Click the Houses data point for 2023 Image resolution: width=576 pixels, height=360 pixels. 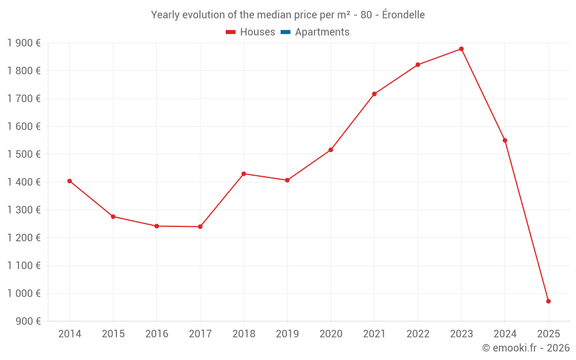tap(461, 49)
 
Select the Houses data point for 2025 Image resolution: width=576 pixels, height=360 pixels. tap(548, 301)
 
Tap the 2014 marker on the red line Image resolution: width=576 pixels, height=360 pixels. tap(70, 181)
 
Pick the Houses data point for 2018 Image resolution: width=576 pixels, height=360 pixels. tap(244, 173)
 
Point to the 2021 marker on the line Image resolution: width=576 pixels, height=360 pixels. tap(374, 94)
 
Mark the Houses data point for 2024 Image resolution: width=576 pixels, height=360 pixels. tap(505, 141)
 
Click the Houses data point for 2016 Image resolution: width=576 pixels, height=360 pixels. tap(157, 226)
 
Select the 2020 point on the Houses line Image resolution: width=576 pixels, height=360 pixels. tap(331, 150)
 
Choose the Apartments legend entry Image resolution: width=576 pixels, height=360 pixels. tap(321, 32)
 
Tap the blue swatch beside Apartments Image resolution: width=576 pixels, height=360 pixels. tap(285, 32)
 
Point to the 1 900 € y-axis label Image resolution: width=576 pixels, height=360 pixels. tap(24, 43)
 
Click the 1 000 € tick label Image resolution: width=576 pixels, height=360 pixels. tap(24, 293)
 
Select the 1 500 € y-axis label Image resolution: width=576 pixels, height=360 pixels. tap(24, 154)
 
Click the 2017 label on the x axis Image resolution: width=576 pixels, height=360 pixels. tap(200, 334)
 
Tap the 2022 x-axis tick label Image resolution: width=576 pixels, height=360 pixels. tap(418, 334)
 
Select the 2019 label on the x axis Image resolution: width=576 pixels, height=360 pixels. tap(287, 334)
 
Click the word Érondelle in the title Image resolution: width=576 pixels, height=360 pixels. tap(403, 15)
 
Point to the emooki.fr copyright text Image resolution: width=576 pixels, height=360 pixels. tap(525, 348)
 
